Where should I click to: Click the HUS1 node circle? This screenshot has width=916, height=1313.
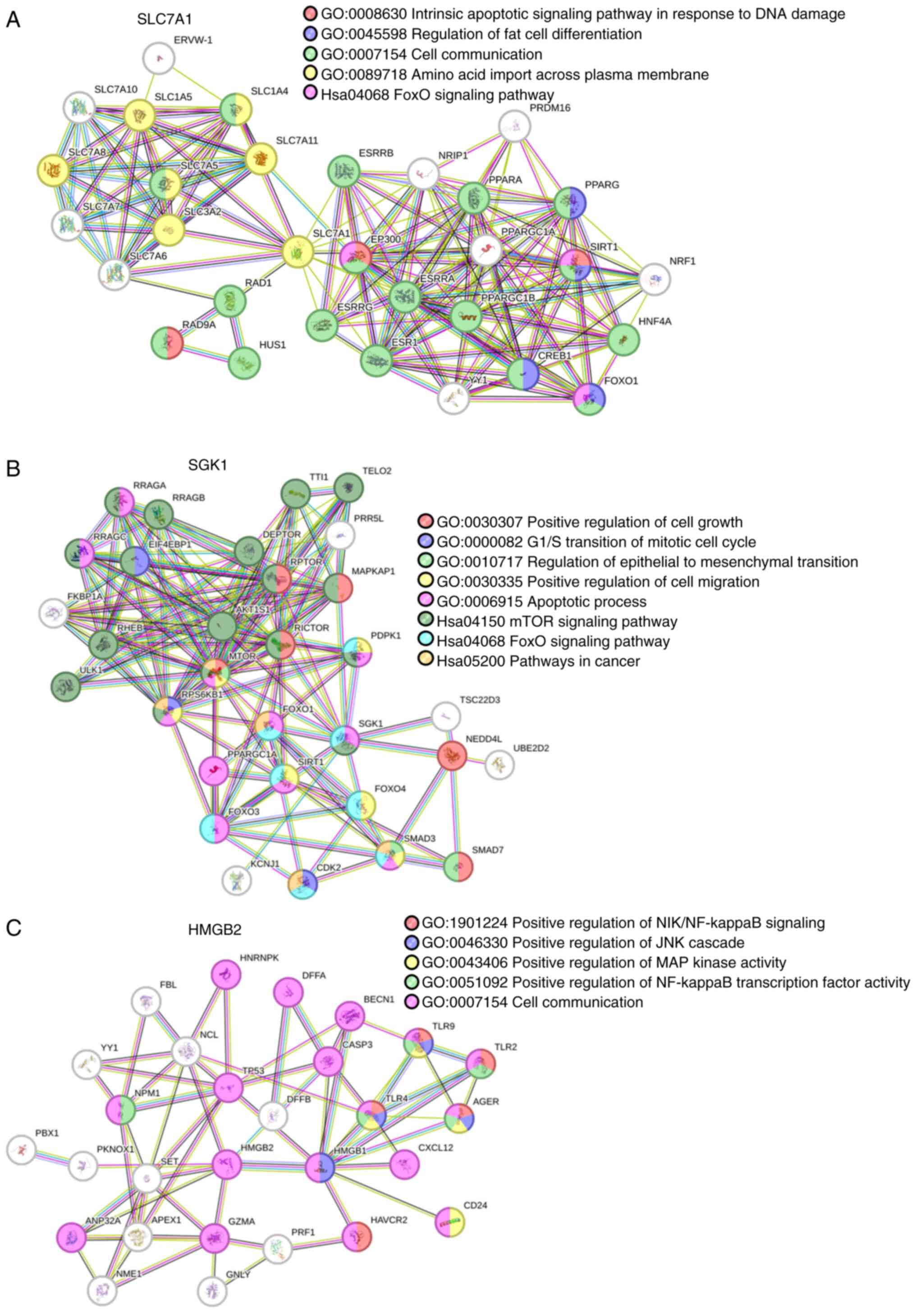(x=245, y=363)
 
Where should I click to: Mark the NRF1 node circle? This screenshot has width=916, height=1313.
(x=655, y=280)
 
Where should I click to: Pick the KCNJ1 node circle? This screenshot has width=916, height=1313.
(x=237, y=881)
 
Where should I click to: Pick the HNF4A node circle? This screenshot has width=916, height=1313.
(x=624, y=340)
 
